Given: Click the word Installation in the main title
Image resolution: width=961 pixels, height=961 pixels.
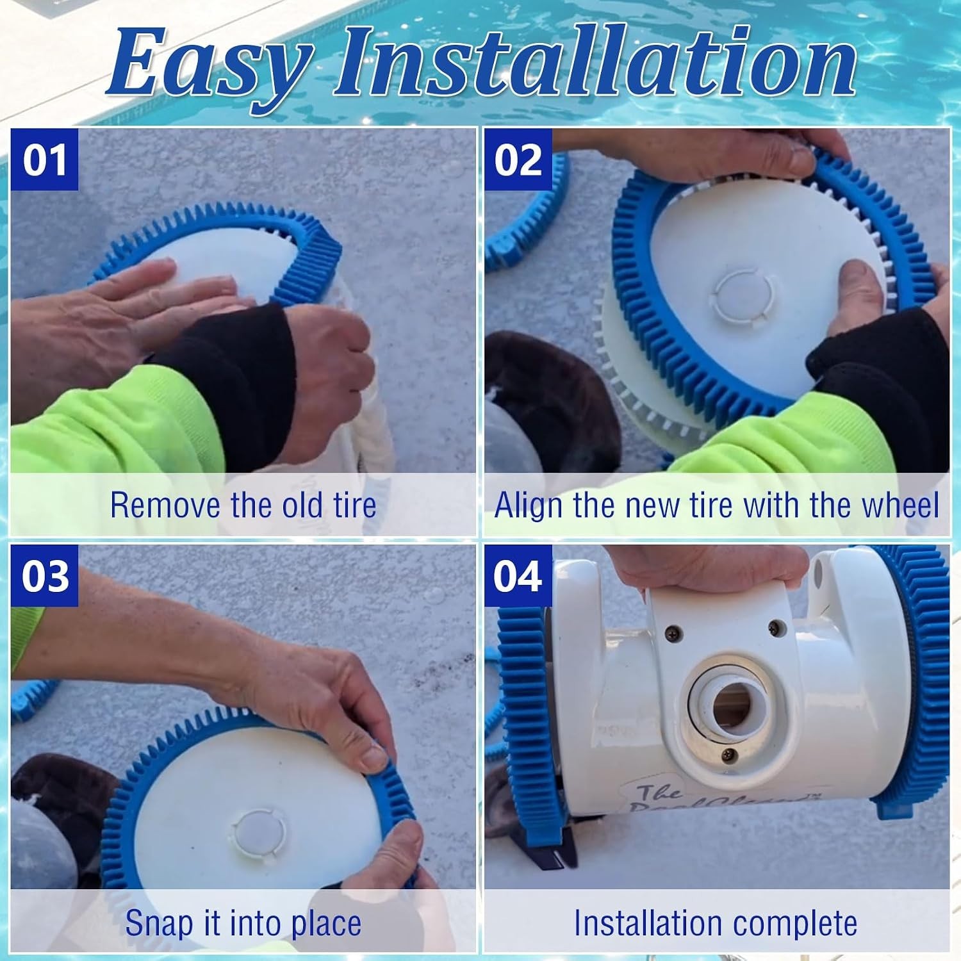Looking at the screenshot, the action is point(595,62).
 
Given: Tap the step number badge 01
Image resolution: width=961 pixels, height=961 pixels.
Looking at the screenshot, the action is point(44,160).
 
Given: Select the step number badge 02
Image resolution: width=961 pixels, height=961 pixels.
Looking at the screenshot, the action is point(518,160).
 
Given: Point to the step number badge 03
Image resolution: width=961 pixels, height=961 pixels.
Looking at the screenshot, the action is point(44,576).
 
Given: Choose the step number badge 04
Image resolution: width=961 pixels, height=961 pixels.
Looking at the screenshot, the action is point(518,576).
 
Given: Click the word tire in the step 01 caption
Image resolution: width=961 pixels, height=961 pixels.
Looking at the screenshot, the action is point(354,505).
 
